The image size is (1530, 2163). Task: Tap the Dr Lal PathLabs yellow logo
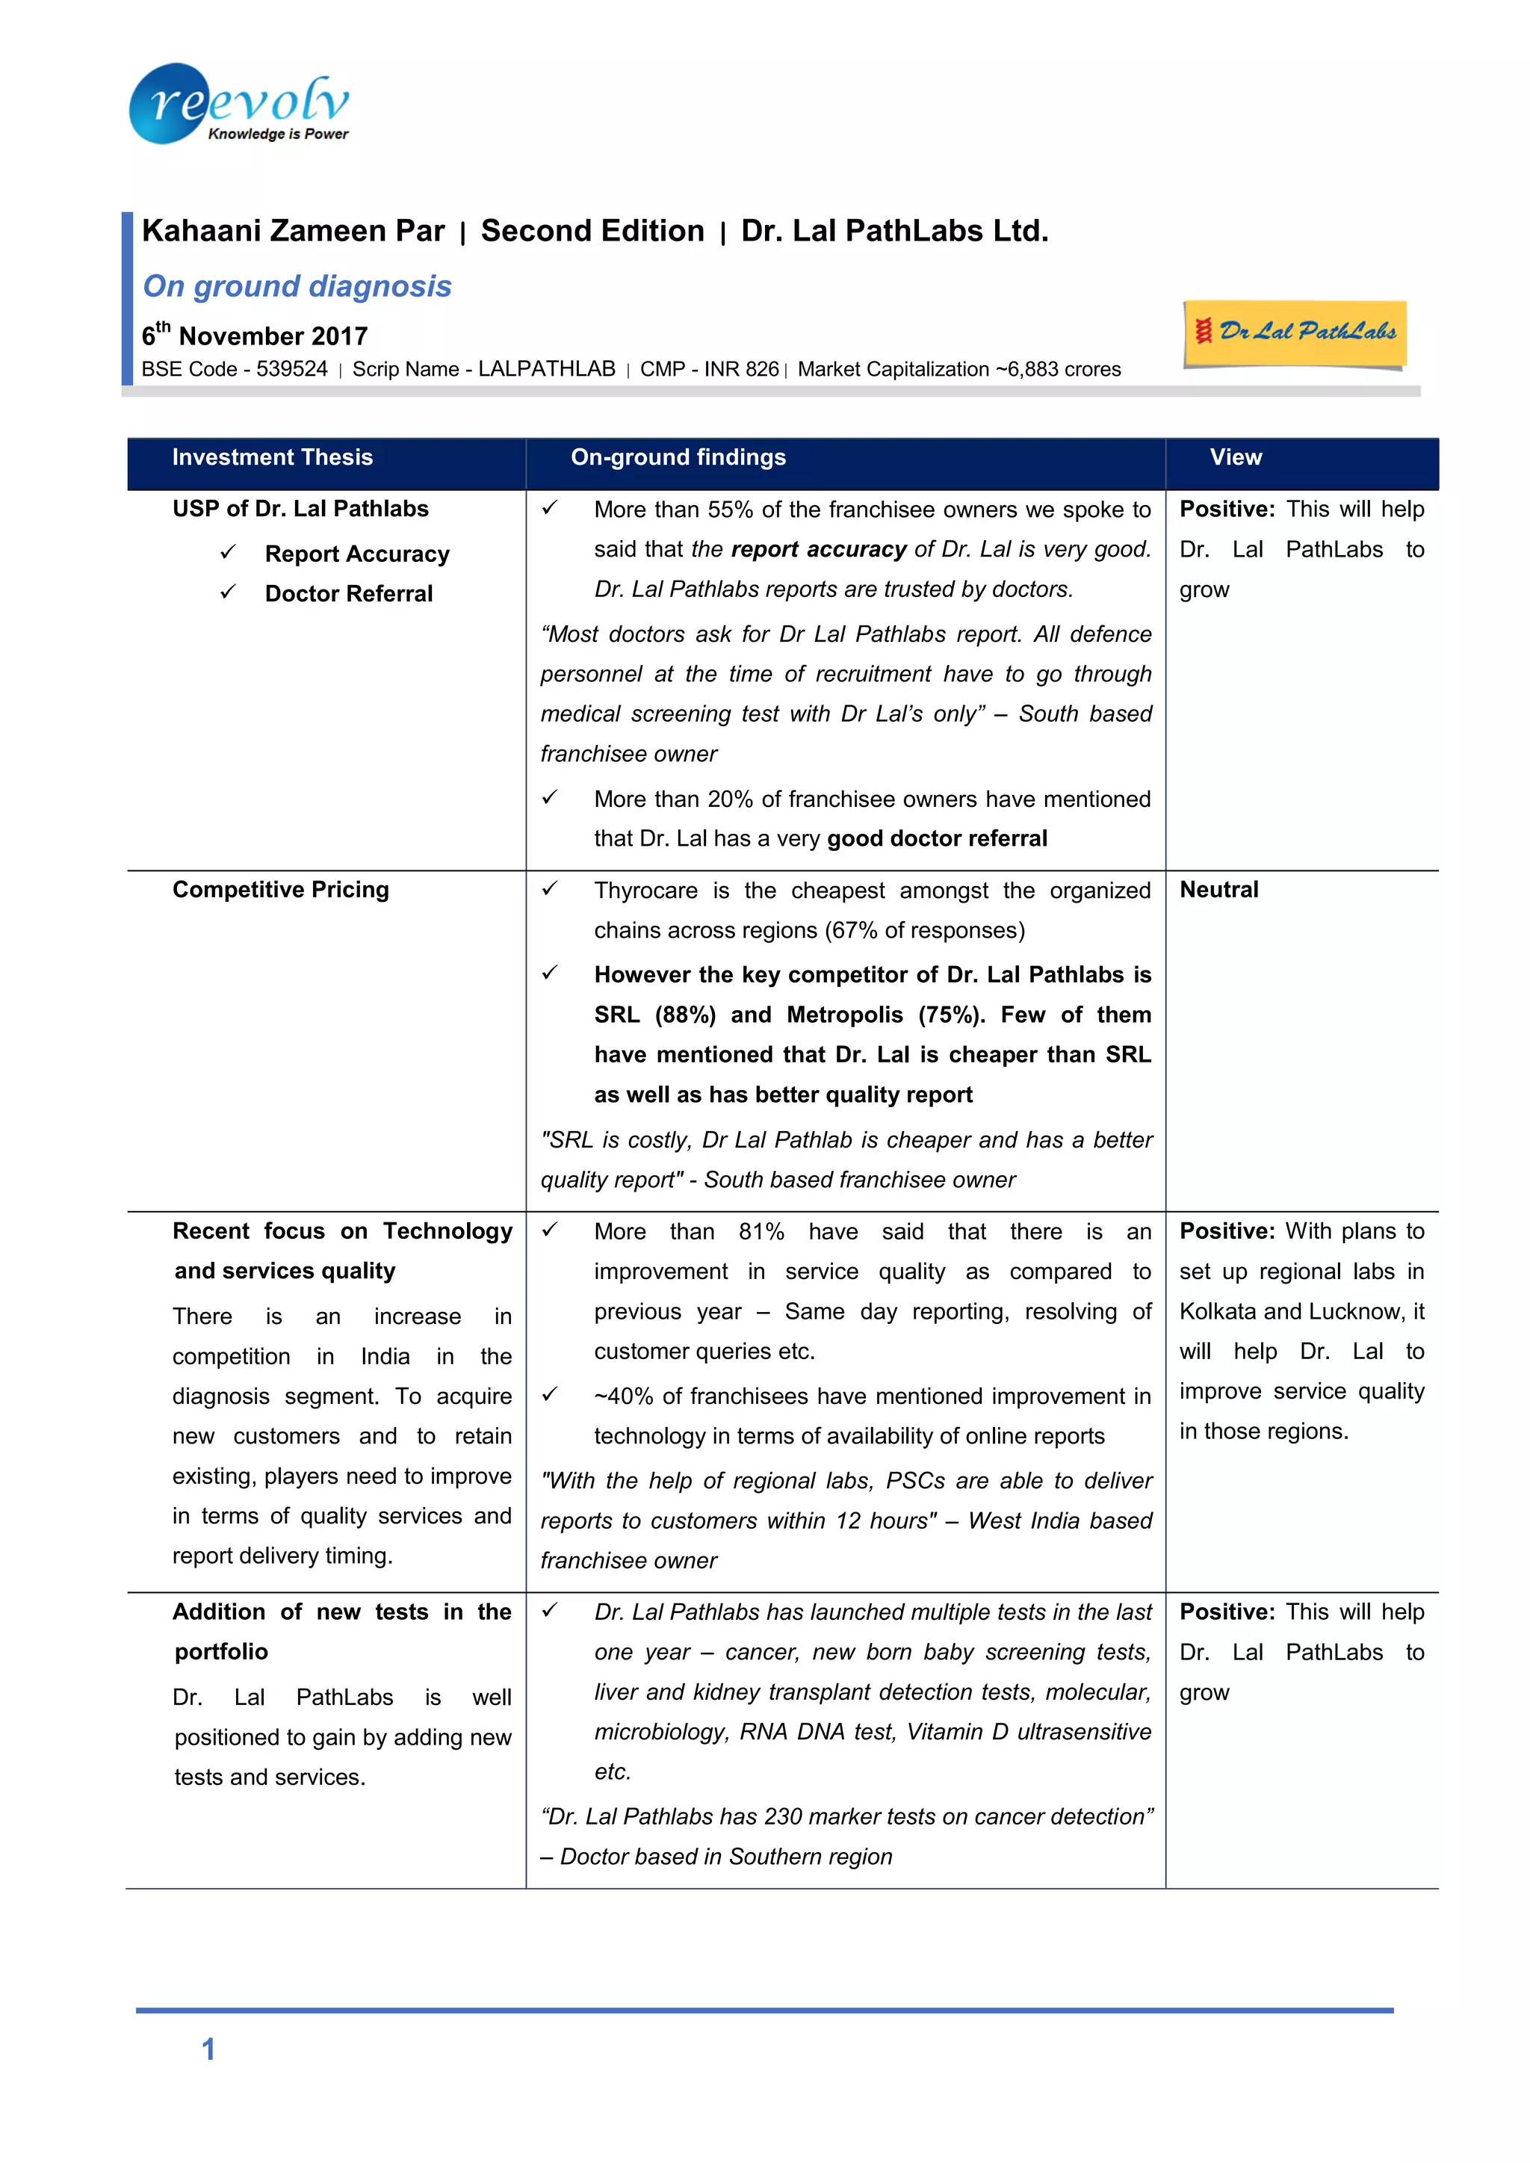point(1295,332)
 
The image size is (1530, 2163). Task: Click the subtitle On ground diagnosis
point(297,286)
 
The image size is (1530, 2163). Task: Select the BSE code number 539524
point(292,369)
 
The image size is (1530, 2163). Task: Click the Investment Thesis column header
point(272,458)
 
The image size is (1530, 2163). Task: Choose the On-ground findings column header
point(678,458)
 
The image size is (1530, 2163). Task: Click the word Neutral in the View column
point(1219,891)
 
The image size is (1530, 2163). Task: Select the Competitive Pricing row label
point(281,891)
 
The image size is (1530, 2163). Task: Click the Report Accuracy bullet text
point(357,554)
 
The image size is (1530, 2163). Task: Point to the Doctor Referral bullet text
point(349,593)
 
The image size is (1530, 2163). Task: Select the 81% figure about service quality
point(761,1232)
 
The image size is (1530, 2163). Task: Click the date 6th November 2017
point(254,335)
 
